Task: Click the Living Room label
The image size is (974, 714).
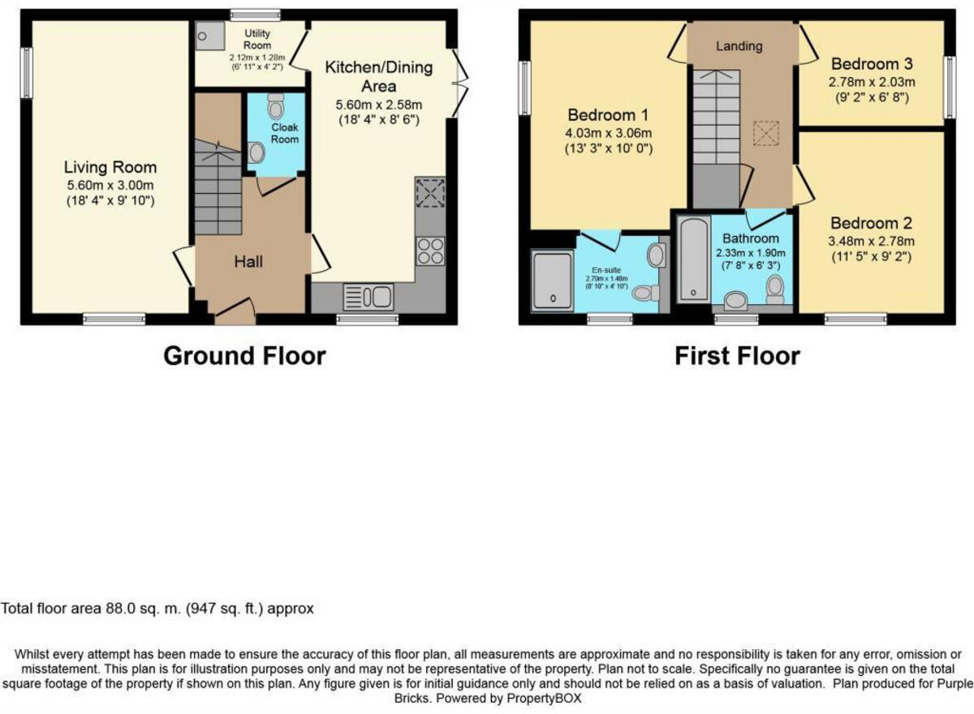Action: point(110,168)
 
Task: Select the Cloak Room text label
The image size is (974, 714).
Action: point(285,133)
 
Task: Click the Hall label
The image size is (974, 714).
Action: point(248,261)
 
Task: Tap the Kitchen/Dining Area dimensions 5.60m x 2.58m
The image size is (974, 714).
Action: point(379,105)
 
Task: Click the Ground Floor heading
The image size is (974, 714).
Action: point(244,355)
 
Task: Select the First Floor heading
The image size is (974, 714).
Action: point(737,355)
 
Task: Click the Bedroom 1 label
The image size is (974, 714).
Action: point(607,114)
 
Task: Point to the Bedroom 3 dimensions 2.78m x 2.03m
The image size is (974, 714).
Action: point(871,82)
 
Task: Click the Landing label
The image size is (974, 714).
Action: point(739,46)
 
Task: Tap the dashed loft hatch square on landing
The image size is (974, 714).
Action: point(765,134)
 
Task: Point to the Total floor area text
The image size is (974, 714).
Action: point(157,608)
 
